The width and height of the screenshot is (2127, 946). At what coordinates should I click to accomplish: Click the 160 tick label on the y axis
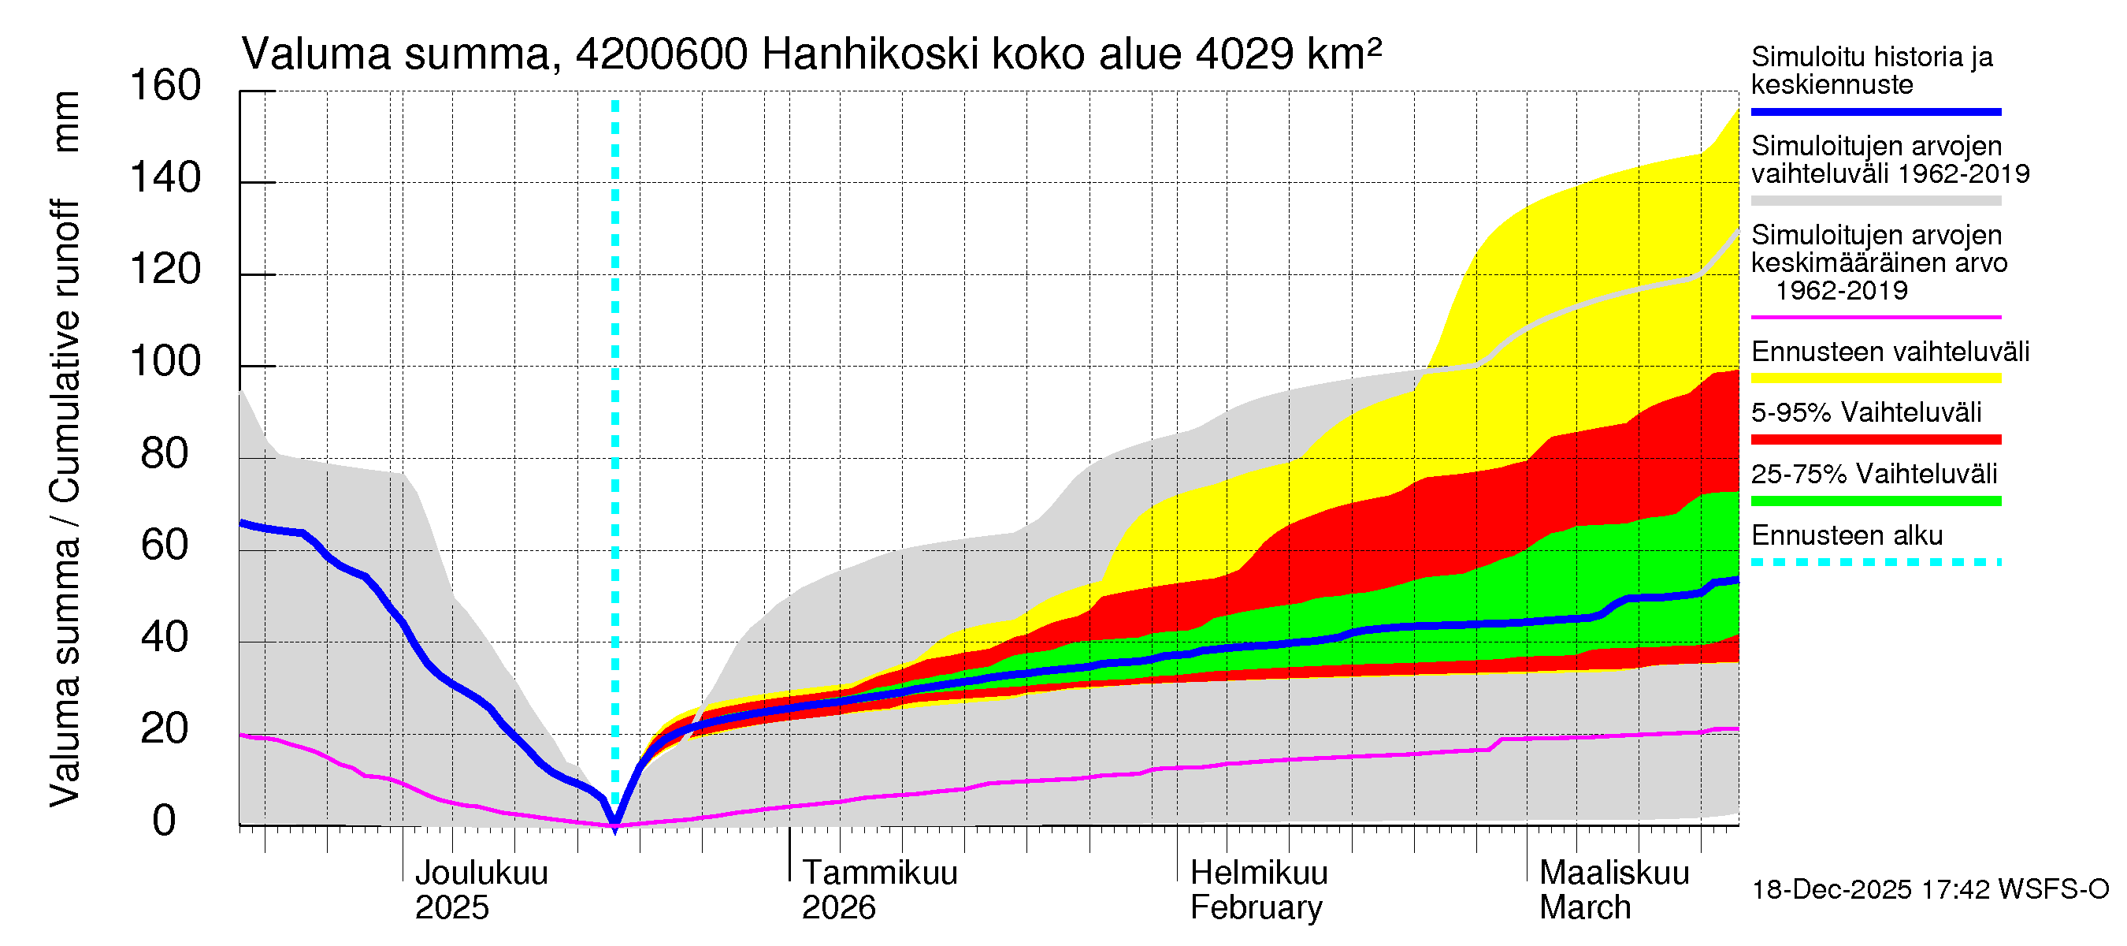pos(165,86)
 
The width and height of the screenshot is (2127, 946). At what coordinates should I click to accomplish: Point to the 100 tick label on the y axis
pos(165,362)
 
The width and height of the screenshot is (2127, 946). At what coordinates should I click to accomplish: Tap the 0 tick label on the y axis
pos(165,821)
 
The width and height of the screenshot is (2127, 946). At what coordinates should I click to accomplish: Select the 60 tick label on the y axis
pos(165,546)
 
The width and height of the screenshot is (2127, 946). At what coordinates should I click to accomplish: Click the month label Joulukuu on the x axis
pos(481,873)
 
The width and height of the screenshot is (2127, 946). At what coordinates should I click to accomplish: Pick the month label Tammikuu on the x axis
pos(879,873)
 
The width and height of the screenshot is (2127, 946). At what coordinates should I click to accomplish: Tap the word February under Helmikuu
pos(1256,908)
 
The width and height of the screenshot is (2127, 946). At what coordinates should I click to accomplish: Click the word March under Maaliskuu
pos(1584,908)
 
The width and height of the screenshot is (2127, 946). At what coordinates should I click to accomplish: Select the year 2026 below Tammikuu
pos(838,908)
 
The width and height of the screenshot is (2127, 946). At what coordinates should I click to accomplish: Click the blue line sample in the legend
pos(1875,111)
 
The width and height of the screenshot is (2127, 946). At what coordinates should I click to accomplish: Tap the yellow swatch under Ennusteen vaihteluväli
pos(1875,378)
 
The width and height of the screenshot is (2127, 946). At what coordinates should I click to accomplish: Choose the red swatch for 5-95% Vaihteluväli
pos(1875,440)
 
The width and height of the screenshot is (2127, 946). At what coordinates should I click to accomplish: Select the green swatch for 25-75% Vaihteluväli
pos(1875,501)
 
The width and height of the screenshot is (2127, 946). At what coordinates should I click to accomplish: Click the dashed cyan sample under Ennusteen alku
pos(1875,563)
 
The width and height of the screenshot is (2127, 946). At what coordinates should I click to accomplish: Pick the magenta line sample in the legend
pos(1875,317)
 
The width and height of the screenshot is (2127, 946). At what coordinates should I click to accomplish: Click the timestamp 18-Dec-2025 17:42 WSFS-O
pos(1929,890)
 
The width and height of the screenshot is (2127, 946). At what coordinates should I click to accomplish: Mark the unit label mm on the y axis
pos(66,121)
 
